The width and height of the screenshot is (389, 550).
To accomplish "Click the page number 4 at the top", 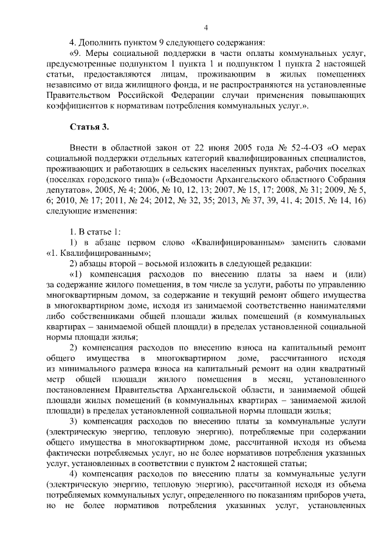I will pos(205,27).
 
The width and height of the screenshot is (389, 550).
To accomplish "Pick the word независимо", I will pos(69,84).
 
